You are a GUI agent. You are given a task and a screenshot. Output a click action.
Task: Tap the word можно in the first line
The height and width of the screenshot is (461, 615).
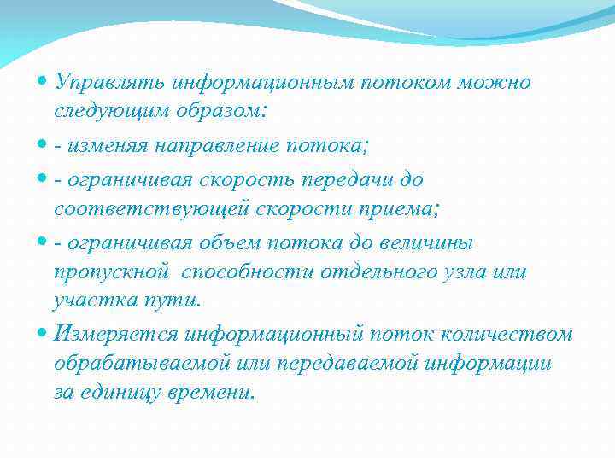click(x=495, y=83)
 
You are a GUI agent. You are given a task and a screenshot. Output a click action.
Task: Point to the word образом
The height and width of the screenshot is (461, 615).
click(x=217, y=112)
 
